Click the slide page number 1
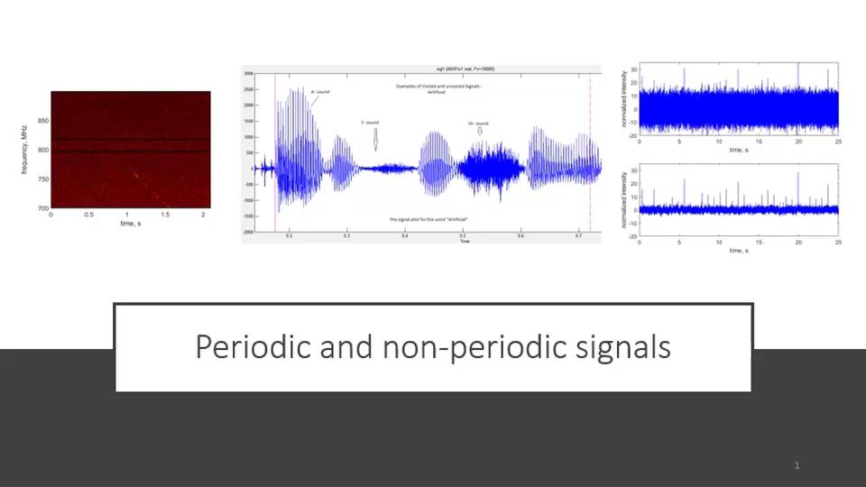click(x=797, y=465)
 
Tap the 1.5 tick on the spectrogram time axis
click(x=166, y=216)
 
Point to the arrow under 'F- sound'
click(x=375, y=139)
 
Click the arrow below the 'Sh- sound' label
click(x=480, y=132)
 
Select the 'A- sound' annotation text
click(x=320, y=91)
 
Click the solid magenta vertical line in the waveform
click(x=275, y=153)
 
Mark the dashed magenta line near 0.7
click(x=590, y=153)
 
